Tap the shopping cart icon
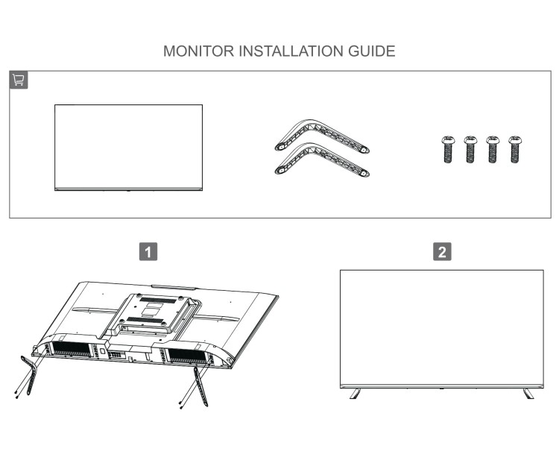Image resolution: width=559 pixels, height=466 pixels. pos(19,81)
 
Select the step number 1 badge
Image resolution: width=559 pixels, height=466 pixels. pos(149,251)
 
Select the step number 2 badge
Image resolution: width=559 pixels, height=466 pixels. pos(442,251)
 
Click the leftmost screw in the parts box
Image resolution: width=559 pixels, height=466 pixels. pos(448,149)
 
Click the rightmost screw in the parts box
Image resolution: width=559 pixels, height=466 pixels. pos(515,149)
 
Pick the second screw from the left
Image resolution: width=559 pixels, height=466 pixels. pos(470,149)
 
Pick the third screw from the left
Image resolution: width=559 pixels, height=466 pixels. pos(493,149)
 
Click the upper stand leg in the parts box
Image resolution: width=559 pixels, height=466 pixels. pos(321,135)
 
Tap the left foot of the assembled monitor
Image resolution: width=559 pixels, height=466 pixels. pos(355,393)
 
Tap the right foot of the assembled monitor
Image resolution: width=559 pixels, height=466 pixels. pos(528,393)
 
